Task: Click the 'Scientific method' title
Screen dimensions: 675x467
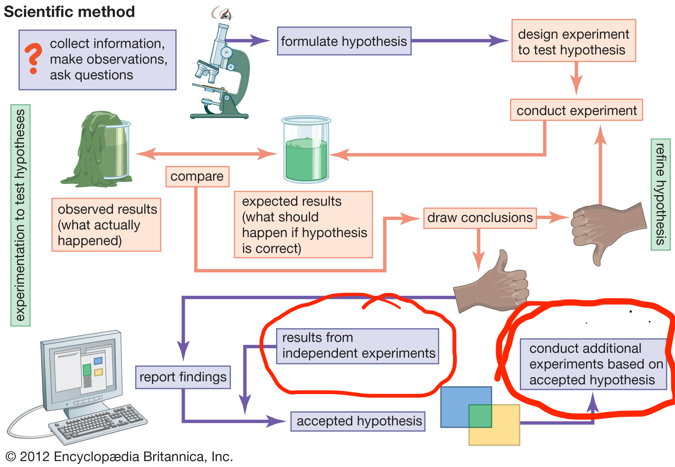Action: point(69,12)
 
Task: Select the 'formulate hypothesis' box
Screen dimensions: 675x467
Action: point(344,41)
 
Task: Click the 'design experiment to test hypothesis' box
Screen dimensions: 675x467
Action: point(574,40)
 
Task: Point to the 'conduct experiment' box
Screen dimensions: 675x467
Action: point(576,110)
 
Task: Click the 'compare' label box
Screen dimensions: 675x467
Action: point(197,177)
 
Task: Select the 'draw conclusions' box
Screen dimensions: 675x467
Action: point(480,218)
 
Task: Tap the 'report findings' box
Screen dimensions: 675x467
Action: point(183,377)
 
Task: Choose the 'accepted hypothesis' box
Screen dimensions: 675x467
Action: point(358,421)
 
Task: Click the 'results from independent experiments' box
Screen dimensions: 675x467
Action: point(358,346)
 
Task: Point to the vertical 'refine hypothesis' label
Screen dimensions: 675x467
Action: point(660,194)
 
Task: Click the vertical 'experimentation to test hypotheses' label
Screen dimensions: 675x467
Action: point(21,215)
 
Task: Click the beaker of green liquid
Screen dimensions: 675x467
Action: point(306,149)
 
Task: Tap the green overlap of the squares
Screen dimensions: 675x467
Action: point(480,416)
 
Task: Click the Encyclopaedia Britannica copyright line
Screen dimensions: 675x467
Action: point(119,456)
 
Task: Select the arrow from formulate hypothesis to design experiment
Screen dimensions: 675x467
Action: point(460,40)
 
